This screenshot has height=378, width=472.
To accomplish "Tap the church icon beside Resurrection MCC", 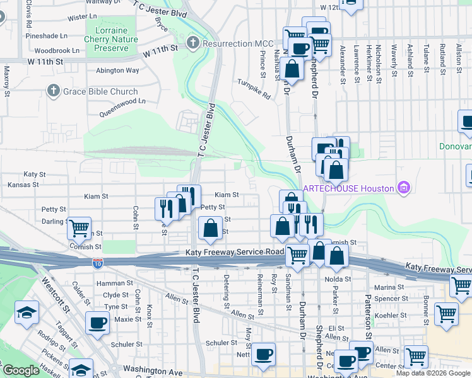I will pos(192,43).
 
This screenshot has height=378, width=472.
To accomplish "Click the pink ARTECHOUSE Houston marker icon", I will pos(404,188).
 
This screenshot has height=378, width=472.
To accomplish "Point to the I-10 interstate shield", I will pos(98,262).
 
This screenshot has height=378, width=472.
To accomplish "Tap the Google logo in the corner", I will pos(20,370).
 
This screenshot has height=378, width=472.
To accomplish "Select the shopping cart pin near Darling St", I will pos(79,228).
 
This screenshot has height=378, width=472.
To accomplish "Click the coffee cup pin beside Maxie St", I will pos(97,323).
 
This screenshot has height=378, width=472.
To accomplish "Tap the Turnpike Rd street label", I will pos(254,89).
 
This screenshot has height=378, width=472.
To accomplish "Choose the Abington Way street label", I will pos(117,71).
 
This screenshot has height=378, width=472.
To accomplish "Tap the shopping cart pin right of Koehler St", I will pos(446,312).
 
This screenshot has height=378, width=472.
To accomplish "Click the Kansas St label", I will pos(23,185).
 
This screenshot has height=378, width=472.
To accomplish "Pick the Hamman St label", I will pos(114,284).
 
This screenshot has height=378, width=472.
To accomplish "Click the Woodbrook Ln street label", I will pos(57,50).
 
